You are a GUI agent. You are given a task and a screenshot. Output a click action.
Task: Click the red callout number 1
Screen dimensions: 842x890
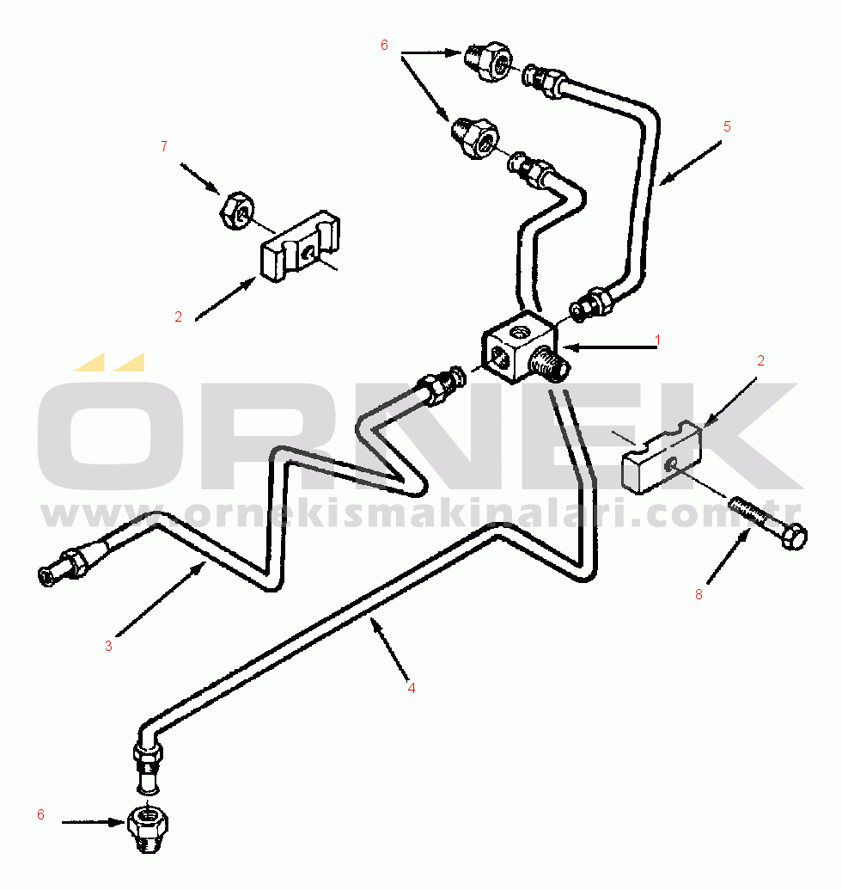click(x=657, y=341)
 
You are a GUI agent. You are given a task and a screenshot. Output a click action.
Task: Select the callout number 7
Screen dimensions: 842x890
click(x=163, y=147)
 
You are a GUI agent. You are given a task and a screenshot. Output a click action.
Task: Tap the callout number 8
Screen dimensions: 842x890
click(x=699, y=594)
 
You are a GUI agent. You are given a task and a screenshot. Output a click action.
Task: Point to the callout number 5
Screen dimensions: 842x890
click(x=727, y=127)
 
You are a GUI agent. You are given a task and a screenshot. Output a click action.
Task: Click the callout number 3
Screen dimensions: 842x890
click(x=108, y=647)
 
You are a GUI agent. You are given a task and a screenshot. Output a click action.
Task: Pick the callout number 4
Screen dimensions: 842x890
click(x=412, y=688)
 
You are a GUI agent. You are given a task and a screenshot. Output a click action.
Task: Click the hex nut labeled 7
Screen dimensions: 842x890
click(x=235, y=211)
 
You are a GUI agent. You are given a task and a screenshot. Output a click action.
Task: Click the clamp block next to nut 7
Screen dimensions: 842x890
click(x=301, y=248)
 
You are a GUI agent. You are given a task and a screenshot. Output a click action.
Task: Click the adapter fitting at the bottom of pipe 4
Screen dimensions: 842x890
click(x=148, y=830)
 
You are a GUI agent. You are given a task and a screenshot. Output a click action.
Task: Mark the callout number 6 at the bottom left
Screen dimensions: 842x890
click(x=40, y=815)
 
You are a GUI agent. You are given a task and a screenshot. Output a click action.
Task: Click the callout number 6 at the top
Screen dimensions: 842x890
click(x=384, y=45)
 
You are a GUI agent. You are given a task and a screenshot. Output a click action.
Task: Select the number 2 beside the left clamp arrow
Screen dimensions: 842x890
click(x=179, y=316)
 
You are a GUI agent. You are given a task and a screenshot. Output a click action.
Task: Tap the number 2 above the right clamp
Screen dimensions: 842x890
click(x=760, y=361)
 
